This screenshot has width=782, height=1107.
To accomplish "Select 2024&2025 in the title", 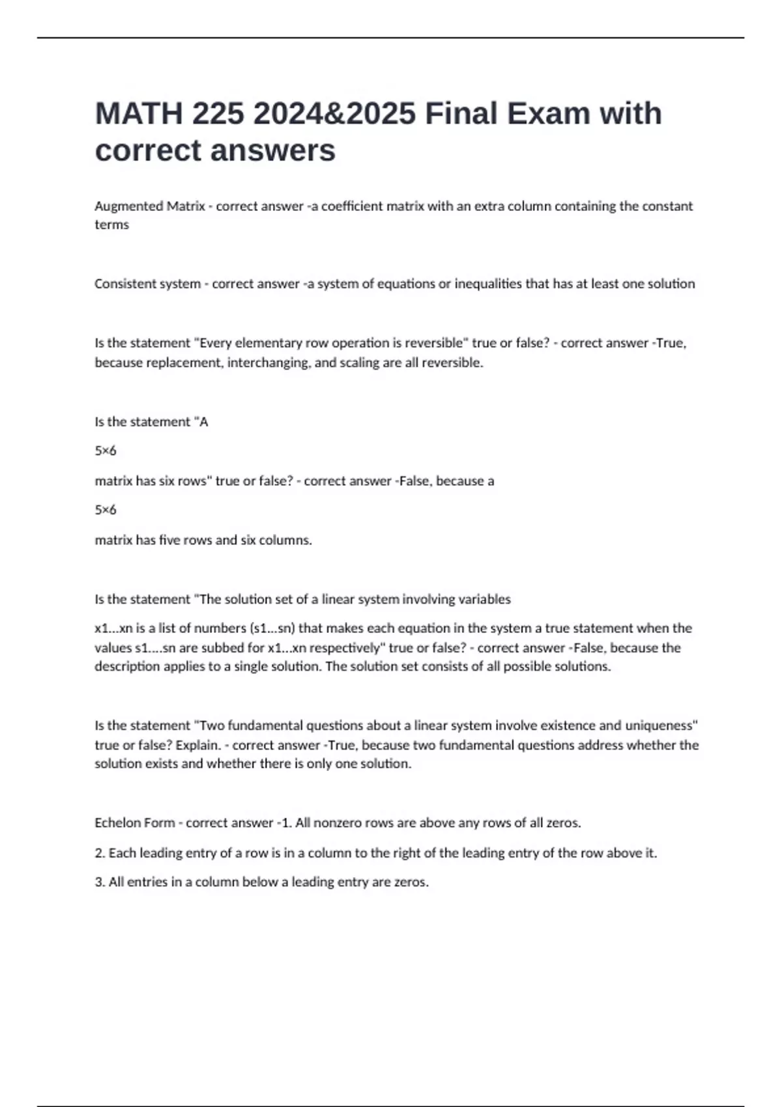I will coord(335,113).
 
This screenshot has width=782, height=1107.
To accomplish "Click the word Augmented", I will coord(128,206).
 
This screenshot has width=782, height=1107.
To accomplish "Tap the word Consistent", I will coord(123,284).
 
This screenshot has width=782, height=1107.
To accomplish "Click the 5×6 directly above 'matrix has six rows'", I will coord(106,451).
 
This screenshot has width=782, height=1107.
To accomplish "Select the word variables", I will coord(484,599).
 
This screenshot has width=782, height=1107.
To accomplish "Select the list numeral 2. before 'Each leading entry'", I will coord(100,853).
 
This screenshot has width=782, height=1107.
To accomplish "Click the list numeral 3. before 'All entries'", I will coord(100,882).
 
